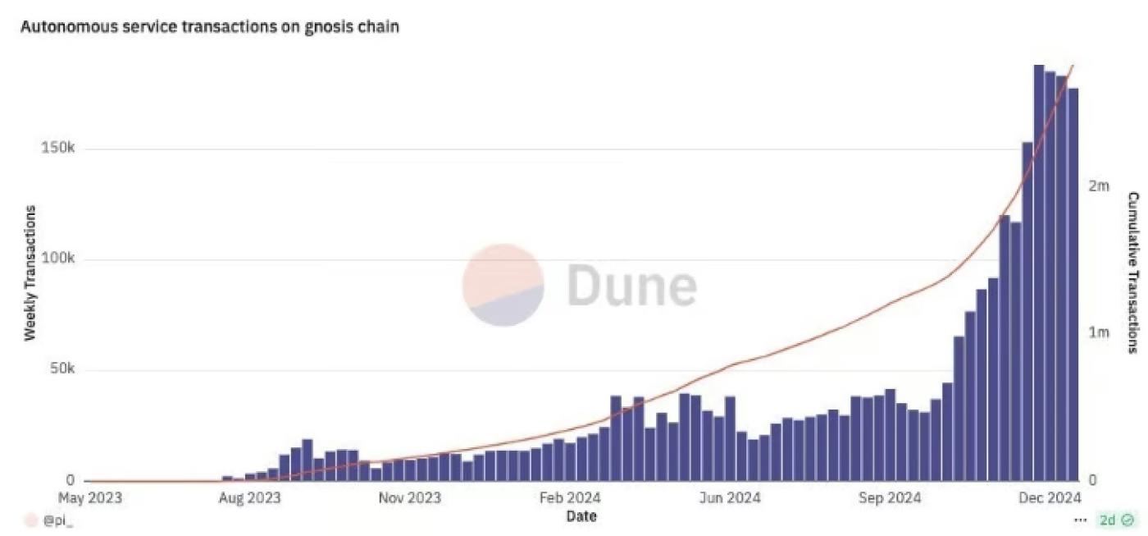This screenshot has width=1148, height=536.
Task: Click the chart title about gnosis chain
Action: click(209, 26)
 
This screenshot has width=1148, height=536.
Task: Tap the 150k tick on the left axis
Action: click(59, 149)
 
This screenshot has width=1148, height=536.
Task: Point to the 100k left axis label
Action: click(59, 260)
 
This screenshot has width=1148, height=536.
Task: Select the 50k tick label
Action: click(62, 370)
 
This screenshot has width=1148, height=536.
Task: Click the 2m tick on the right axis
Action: click(1099, 186)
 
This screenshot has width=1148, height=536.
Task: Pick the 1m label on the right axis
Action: click(1099, 332)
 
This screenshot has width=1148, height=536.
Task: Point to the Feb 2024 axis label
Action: click(571, 498)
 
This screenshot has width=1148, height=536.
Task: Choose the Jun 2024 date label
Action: click(731, 498)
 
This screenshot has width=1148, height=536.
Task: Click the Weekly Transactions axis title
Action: click(30, 273)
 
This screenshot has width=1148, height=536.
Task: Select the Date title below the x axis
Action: click(581, 516)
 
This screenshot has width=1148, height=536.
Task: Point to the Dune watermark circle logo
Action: click(503, 285)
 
